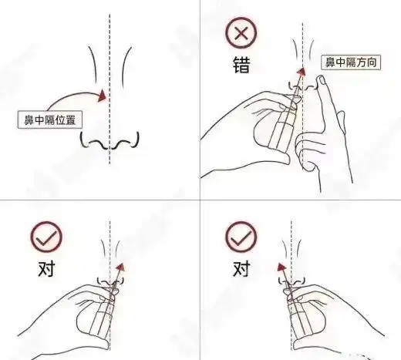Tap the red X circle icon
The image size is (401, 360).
tap(240, 35)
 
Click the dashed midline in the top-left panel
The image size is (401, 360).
tap(110, 46)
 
